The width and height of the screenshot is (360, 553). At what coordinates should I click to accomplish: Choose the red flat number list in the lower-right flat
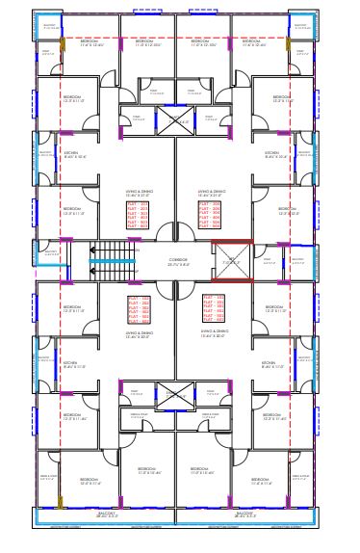(x=213, y=307)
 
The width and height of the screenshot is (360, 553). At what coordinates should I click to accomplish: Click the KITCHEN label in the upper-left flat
(x=75, y=154)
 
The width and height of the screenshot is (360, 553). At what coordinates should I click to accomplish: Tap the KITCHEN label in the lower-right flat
(x=273, y=365)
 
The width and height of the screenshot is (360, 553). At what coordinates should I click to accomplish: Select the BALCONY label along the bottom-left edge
(x=93, y=514)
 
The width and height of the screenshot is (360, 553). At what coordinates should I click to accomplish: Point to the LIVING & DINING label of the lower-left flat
(x=139, y=335)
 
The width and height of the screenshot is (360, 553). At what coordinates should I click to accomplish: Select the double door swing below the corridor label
(x=177, y=286)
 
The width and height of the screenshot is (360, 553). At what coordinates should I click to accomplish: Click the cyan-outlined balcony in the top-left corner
(x=50, y=27)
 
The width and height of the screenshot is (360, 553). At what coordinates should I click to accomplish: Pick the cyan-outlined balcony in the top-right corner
(x=300, y=27)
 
